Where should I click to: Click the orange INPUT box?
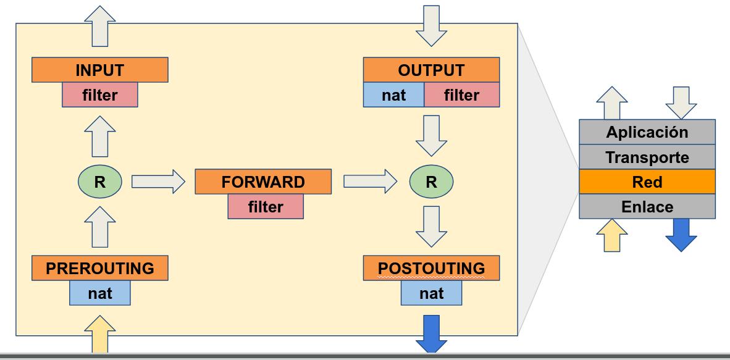[99, 70]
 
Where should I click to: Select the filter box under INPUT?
[99, 95]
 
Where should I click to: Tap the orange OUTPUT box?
[430, 70]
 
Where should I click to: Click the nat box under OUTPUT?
[393, 95]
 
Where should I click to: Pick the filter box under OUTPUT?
[461, 95]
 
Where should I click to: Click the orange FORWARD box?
[263, 182]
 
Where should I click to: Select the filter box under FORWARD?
[266, 207]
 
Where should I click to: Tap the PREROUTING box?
[99, 269]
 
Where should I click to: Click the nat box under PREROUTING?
[99, 293]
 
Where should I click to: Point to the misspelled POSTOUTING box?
[431, 269]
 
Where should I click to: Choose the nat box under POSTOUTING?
[431, 293]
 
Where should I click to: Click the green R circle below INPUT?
[99, 182]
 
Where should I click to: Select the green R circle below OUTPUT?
[431, 182]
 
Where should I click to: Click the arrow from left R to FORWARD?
[158, 182]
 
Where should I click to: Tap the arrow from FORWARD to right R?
[370, 182]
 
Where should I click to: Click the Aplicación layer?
[647, 132]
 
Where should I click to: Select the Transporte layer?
[647, 157]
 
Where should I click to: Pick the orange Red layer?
[647, 182]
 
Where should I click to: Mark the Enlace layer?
[647, 206]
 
